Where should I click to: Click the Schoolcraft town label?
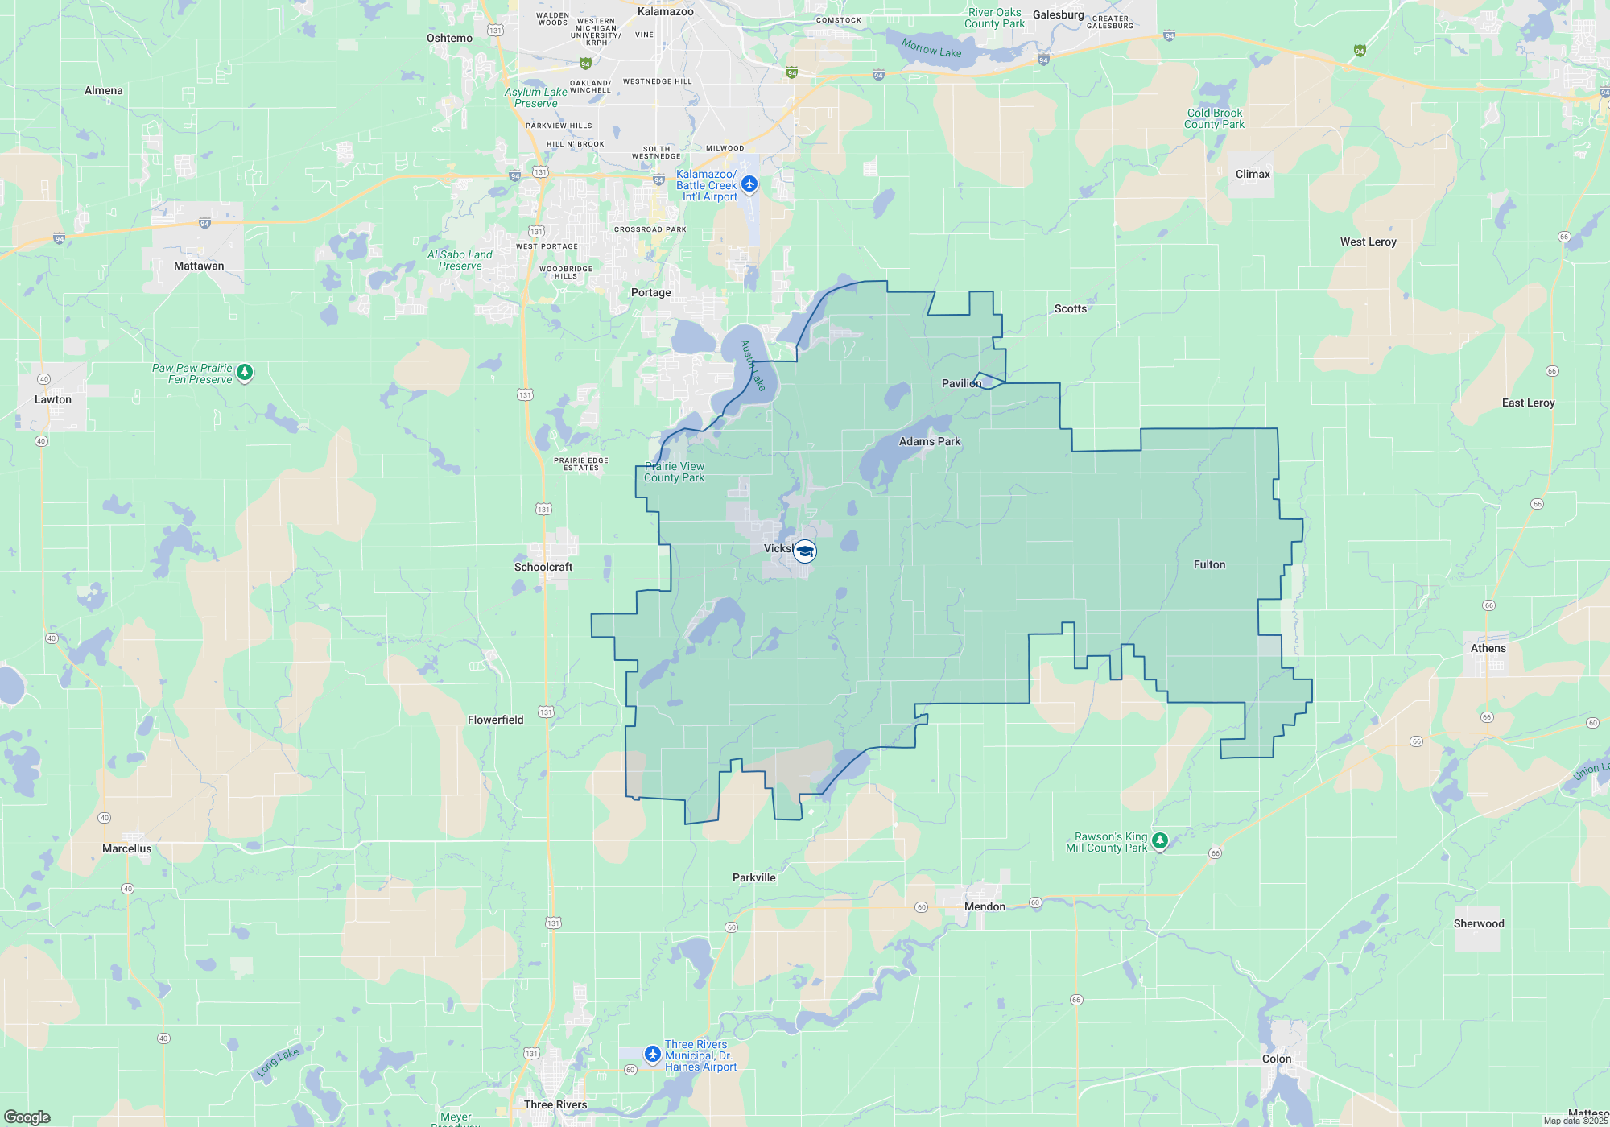(x=543, y=567)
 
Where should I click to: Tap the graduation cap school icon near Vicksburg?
(x=804, y=551)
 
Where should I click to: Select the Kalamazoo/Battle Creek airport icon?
(x=749, y=184)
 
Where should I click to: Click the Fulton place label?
(x=1209, y=564)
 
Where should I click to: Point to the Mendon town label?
(x=985, y=906)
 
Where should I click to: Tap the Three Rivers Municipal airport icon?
(x=653, y=1054)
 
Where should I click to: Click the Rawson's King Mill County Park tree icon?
(x=1159, y=841)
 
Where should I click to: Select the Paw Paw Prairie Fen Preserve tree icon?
(x=245, y=373)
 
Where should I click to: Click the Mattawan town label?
(x=199, y=266)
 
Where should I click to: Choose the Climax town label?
(x=1253, y=174)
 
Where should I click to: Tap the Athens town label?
(x=1488, y=648)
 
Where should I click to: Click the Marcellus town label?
(x=126, y=848)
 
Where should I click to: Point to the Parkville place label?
(x=754, y=877)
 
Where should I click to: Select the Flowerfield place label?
(x=495, y=720)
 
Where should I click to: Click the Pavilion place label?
(x=961, y=383)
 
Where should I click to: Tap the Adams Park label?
(x=929, y=441)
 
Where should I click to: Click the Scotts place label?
(x=1070, y=308)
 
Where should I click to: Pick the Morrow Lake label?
(x=931, y=48)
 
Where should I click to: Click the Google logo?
(x=27, y=1117)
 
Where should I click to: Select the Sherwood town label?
(x=1479, y=923)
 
